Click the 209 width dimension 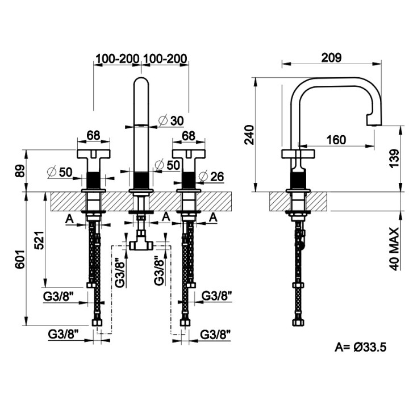pos(331,57)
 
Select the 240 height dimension pos(249,135)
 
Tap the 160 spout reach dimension pos(336,140)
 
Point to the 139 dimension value pos(394,158)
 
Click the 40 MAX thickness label pos(394,249)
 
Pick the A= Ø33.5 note pos(361,347)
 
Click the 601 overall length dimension pos(20,259)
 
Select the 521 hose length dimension pos(40,240)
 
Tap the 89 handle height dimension pos(20,171)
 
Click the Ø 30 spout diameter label pos(171,120)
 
